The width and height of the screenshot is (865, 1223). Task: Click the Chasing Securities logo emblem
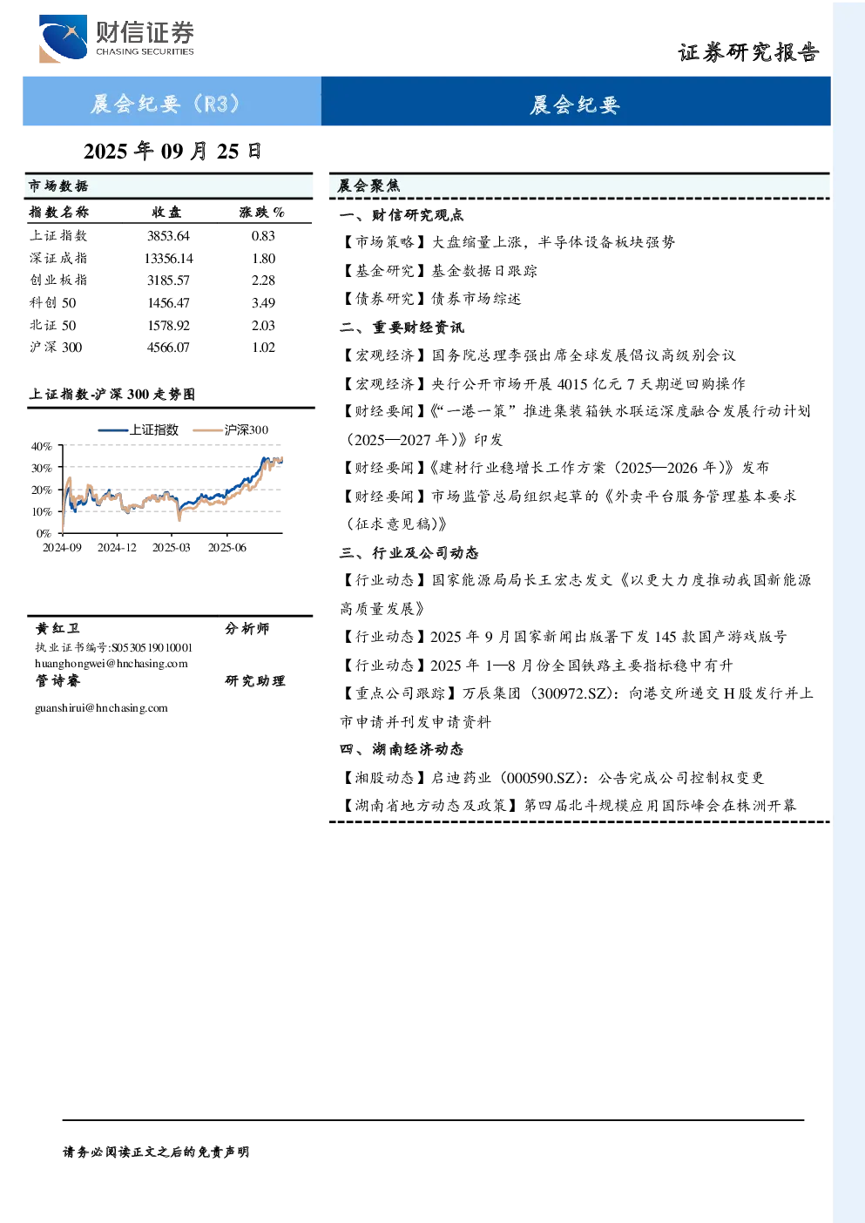pos(63,37)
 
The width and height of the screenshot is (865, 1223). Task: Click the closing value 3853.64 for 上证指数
pos(168,236)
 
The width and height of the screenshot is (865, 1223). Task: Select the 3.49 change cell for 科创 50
pos(263,303)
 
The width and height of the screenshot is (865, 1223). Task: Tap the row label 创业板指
pos(58,280)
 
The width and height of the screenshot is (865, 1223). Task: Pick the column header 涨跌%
pos(261,213)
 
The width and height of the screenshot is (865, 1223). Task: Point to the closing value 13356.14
pos(168,258)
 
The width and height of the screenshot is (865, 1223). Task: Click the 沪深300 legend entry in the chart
pos(231,429)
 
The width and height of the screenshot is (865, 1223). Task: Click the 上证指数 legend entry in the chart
pos(139,429)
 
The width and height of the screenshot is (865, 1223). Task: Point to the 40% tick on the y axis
pos(42,447)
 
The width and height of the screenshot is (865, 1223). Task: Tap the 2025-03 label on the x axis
pos(171,548)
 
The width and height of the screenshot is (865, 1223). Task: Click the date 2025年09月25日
pos(172,152)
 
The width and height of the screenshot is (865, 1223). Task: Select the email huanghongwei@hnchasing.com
pos(112,664)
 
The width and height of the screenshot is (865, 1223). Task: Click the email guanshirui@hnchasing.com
pos(101,708)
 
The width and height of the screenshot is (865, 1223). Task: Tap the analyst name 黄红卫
pos(57,628)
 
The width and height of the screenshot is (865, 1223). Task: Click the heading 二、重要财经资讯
pos(402,328)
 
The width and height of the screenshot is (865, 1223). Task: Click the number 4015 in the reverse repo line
pos(572,384)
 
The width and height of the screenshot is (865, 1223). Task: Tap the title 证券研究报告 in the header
pos(748,53)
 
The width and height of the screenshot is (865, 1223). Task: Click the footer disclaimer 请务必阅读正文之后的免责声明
pos(156,1152)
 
